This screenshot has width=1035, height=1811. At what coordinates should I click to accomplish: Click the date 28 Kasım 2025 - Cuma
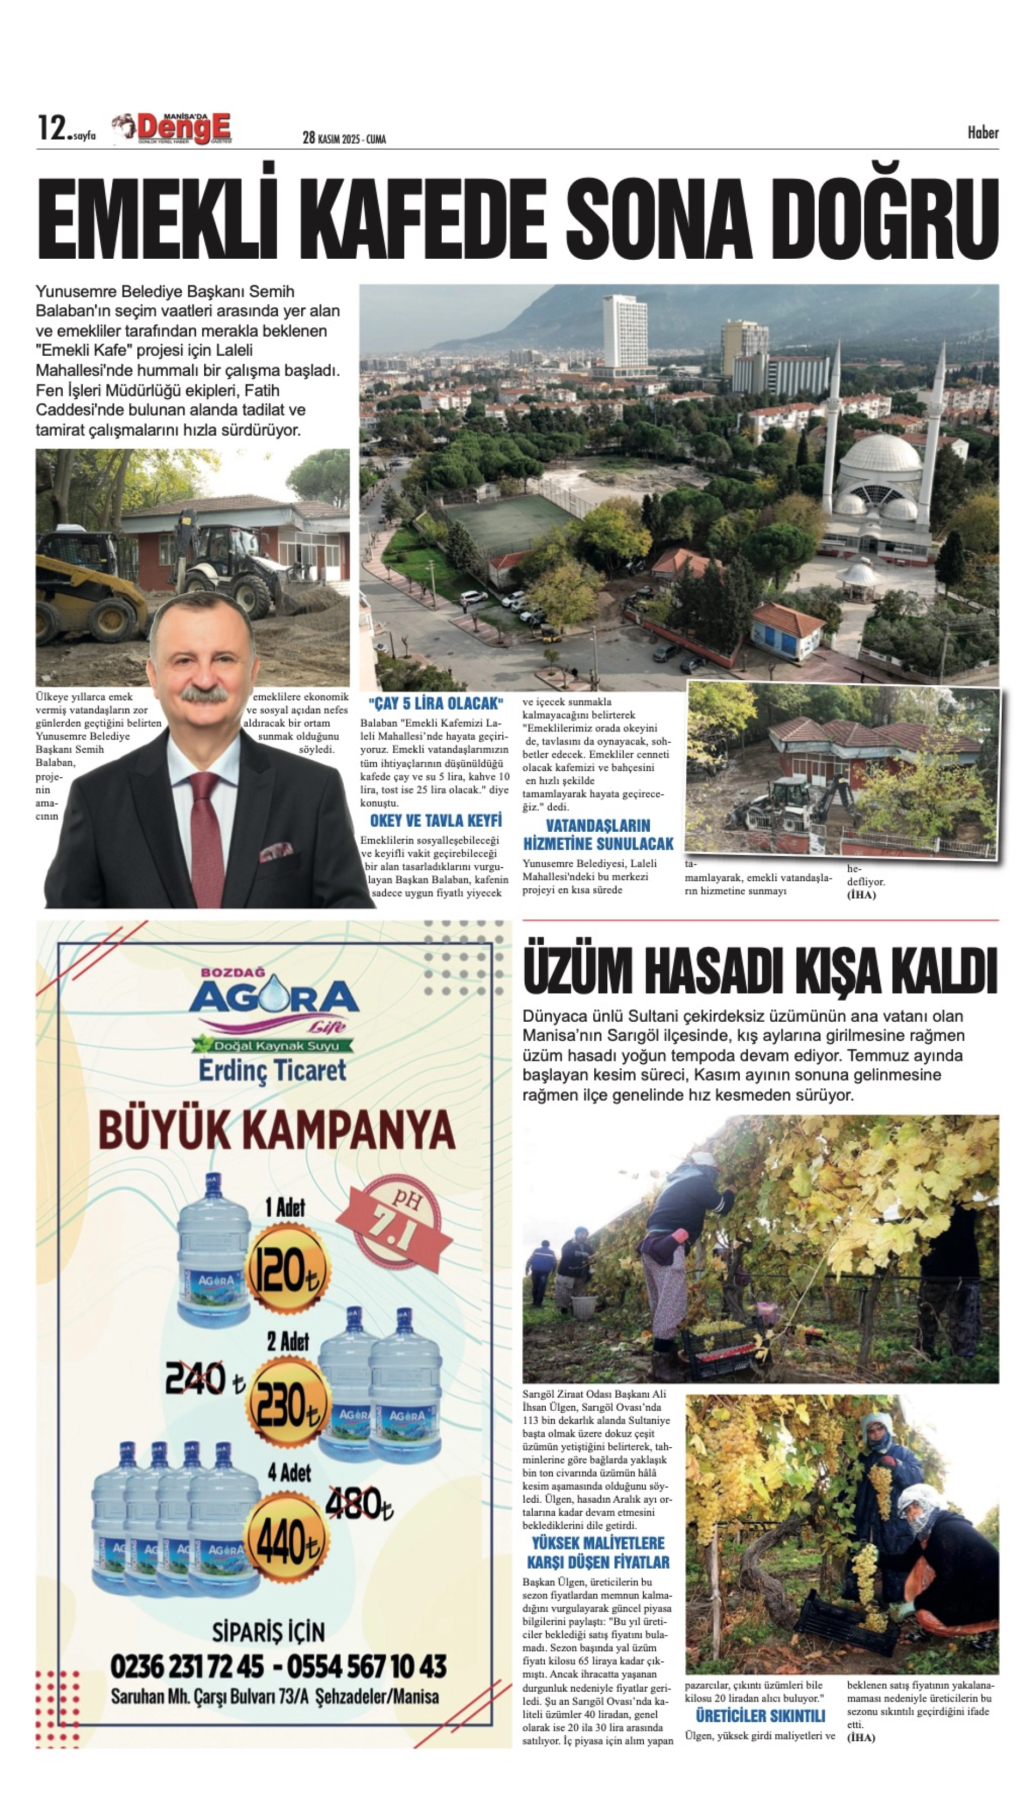click(x=344, y=138)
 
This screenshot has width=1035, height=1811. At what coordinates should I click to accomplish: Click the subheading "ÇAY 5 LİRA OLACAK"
click(x=436, y=704)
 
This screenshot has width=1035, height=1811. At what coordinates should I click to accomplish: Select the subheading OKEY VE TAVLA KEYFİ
click(x=436, y=821)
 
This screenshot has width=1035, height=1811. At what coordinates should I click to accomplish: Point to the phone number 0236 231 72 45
click(x=187, y=1667)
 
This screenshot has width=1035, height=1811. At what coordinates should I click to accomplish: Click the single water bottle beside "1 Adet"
click(x=212, y=1254)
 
